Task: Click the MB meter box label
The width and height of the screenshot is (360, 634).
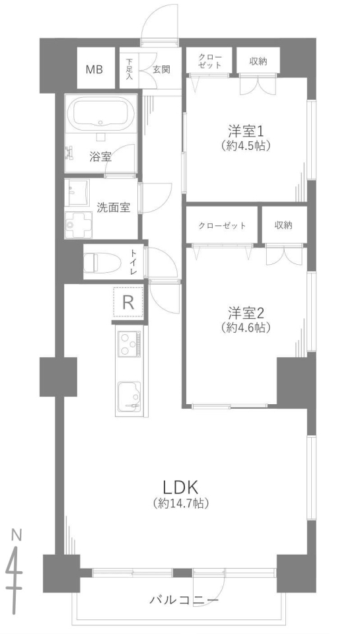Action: click(94, 69)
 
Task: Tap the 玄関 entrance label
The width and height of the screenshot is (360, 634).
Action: click(161, 69)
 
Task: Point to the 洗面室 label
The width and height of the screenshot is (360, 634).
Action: click(113, 208)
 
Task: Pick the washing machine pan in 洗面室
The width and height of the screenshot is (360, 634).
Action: click(78, 224)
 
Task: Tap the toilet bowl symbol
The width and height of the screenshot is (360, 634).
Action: click(102, 262)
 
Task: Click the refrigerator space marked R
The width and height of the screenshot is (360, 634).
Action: click(128, 302)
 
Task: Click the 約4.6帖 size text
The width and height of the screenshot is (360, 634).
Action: click(246, 328)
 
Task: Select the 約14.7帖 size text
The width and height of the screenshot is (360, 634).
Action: click(181, 503)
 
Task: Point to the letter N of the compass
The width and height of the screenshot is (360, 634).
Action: click(16, 536)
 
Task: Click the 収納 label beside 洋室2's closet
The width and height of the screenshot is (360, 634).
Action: click(283, 225)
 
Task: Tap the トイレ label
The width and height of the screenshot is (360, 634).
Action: click(133, 262)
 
